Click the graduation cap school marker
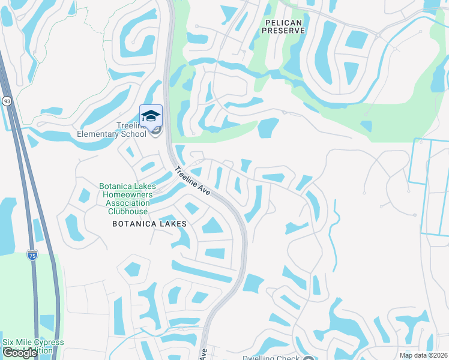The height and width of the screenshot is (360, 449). click(x=151, y=115)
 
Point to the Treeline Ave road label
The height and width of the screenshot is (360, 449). click(x=192, y=179)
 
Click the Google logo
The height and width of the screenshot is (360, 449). click(x=20, y=353)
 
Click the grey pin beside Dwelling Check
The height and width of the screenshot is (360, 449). click(x=308, y=358)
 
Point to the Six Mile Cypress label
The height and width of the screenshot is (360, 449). click(x=33, y=343)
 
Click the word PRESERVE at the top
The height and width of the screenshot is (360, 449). click(x=285, y=30)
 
